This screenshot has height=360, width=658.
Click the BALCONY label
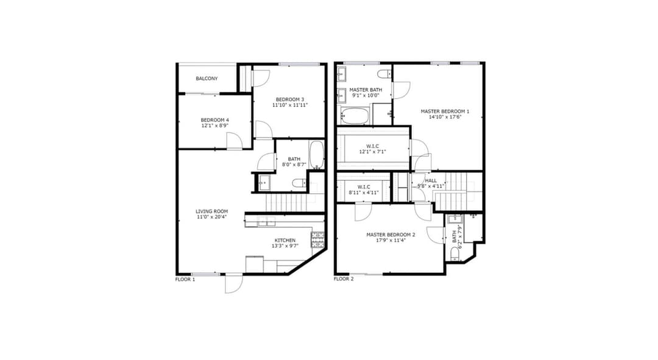coord(207,79)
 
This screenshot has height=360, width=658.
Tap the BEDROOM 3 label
coord(290,99)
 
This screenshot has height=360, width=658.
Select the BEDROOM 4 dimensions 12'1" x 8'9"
coord(215,125)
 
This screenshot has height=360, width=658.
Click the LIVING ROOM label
coord(212,211)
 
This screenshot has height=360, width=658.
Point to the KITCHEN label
coord(285,241)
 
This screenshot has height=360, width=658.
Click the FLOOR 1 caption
coord(185,279)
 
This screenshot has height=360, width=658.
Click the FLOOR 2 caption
coord(344,278)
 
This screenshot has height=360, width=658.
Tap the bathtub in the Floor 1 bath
coord(317,154)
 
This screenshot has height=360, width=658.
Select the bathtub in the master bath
coord(355,115)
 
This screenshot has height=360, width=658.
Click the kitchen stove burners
coord(317,239)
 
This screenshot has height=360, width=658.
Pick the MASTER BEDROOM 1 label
coord(445,111)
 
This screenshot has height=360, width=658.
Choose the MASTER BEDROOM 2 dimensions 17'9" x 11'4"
coord(391,241)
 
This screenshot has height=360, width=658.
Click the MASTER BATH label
coord(366,90)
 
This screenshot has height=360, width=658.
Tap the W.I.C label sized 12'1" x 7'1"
coord(372,146)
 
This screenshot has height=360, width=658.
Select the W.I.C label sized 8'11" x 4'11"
coord(364,187)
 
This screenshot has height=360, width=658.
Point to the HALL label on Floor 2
coord(431,180)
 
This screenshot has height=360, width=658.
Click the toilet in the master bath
coord(384,74)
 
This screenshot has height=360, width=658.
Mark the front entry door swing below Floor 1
coord(234,284)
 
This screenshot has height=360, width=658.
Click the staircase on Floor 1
coord(287,203)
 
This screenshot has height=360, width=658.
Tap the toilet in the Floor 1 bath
coord(299,183)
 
